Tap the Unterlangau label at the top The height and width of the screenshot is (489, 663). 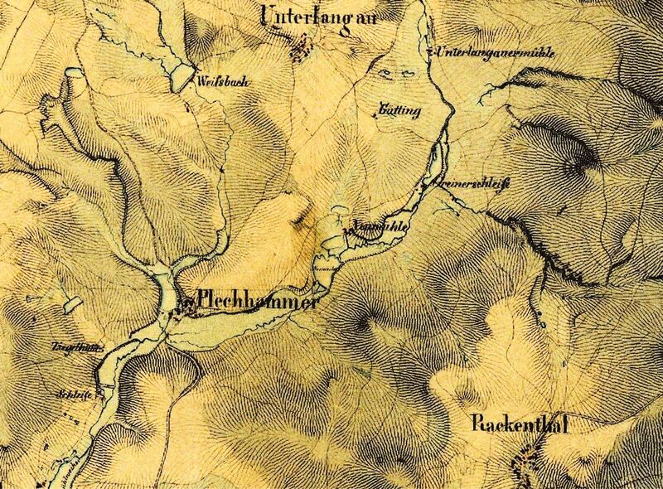click(x=313, y=16)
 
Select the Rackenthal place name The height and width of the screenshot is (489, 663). click(x=522, y=424)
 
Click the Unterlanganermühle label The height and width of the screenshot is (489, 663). click(x=493, y=53)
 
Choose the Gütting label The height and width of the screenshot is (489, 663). click(x=399, y=110)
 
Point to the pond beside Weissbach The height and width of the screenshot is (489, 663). click(x=180, y=79)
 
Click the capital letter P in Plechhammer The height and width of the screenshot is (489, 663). click(x=203, y=303)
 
